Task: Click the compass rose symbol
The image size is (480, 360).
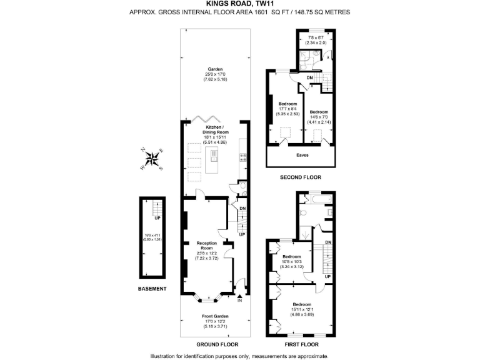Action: point(152,159)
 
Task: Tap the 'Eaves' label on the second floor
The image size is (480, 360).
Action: point(301,154)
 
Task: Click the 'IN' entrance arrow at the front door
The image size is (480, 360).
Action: point(239,297)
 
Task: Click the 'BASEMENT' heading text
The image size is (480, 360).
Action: point(152,289)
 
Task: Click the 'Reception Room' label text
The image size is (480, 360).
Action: point(206,245)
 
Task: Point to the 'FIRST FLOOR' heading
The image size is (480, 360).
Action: point(301,344)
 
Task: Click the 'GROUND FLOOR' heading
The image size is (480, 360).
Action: point(215,344)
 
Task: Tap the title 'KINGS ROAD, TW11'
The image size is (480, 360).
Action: point(239,4)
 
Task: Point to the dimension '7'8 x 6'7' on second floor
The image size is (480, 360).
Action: point(311,38)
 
